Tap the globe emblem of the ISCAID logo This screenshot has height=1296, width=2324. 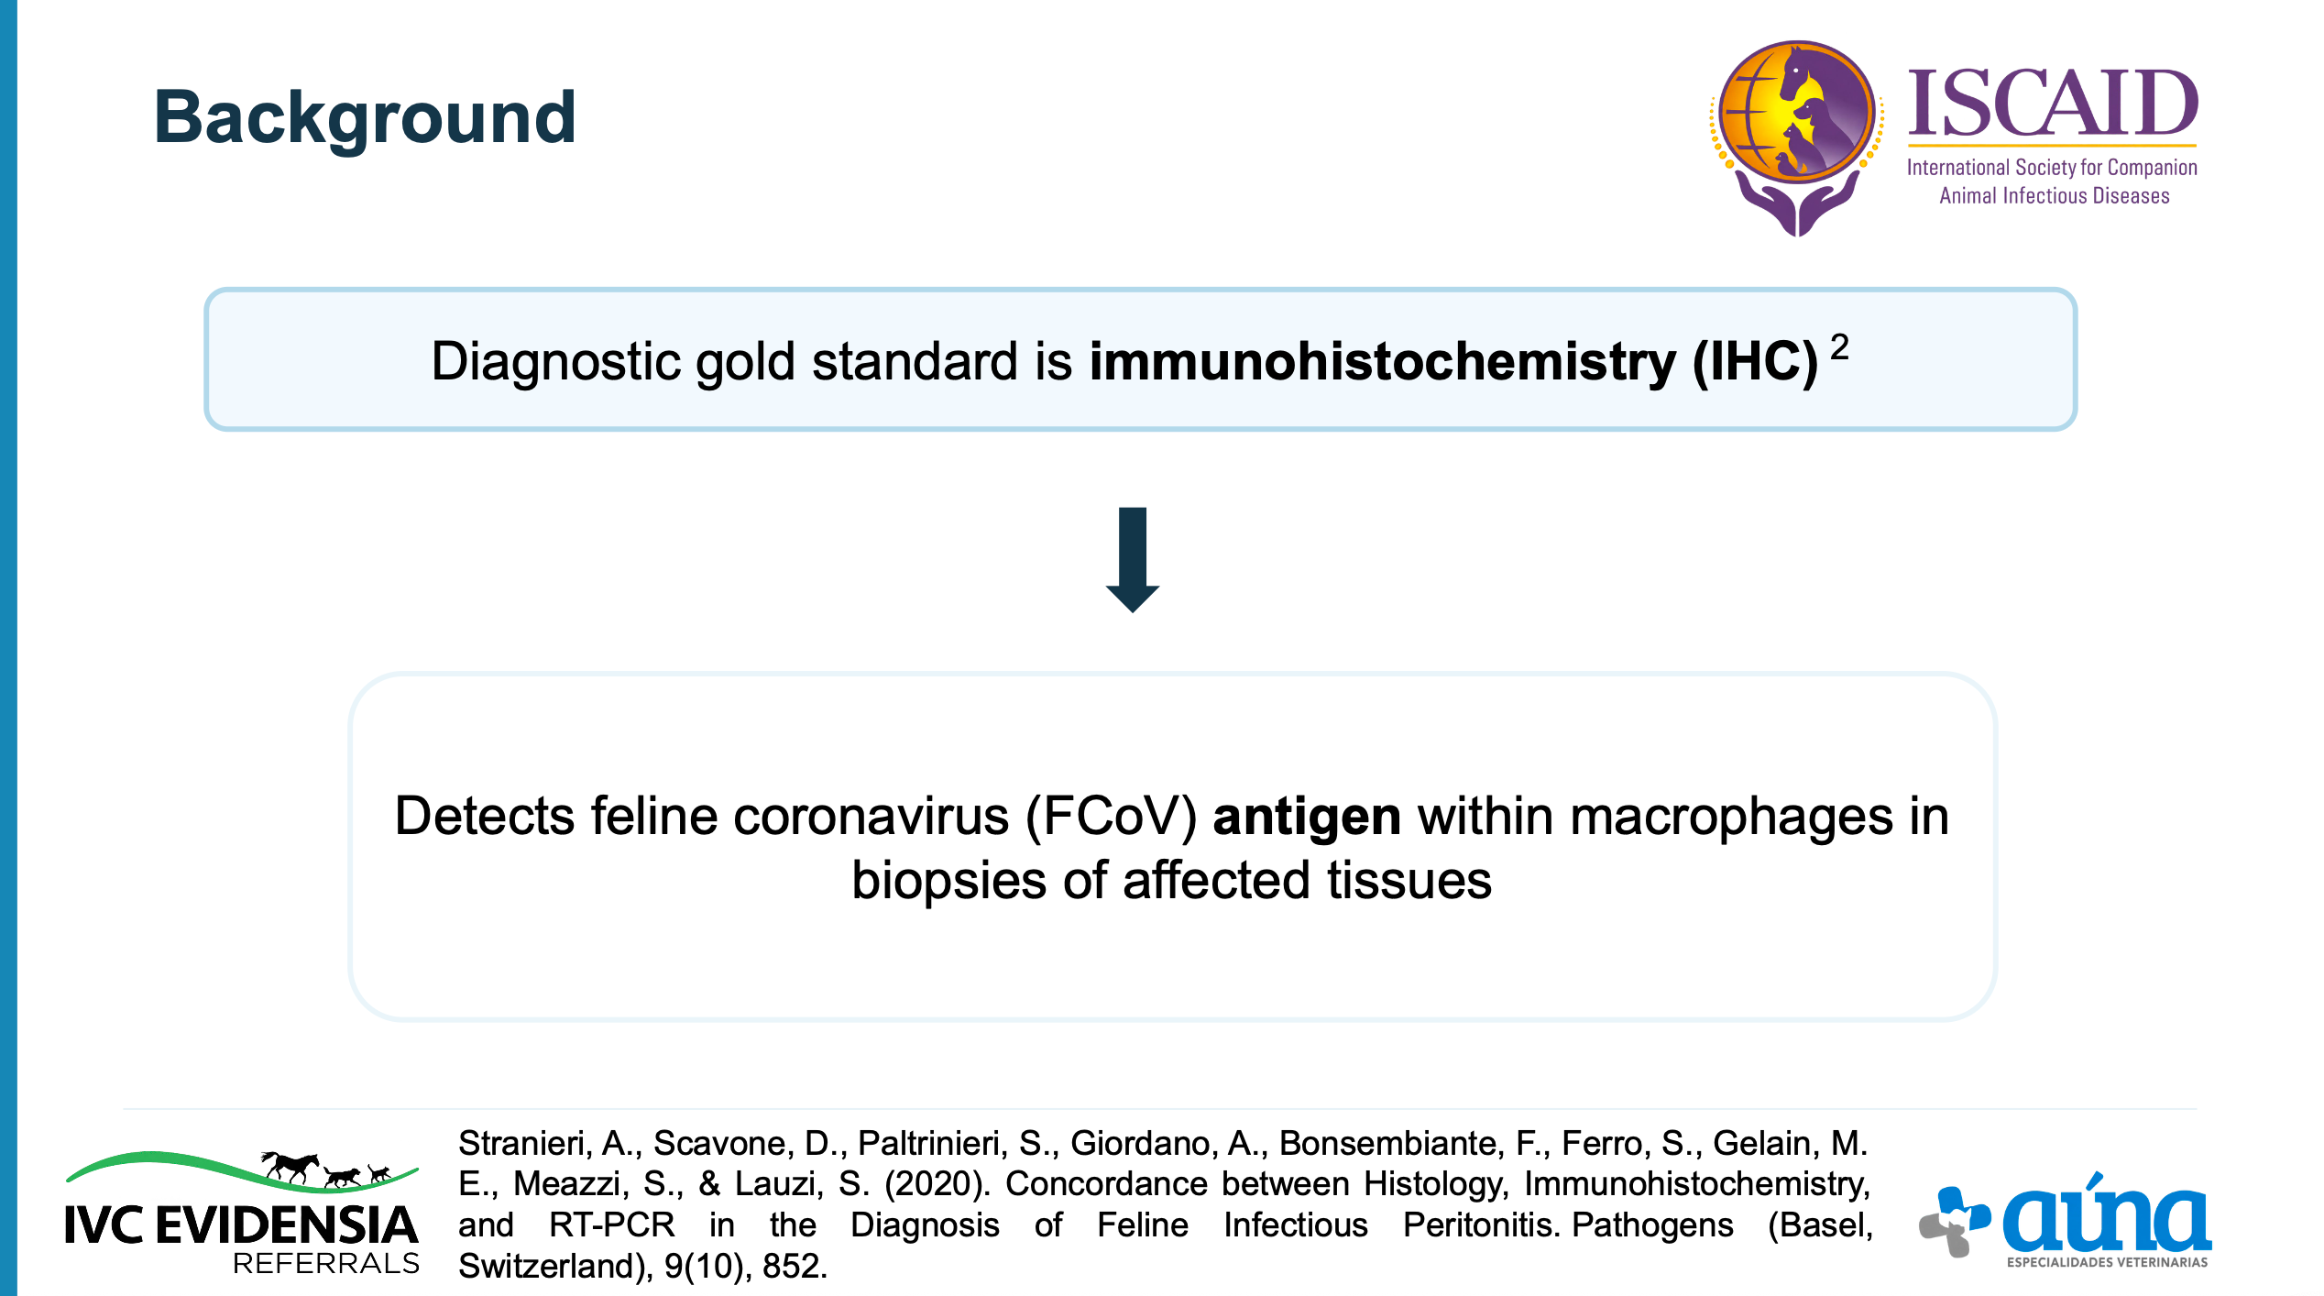click(x=1796, y=112)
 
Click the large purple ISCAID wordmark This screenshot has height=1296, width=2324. click(x=2053, y=103)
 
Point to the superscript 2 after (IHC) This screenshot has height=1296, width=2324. click(x=1839, y=347)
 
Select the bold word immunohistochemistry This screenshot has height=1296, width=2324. click(x=1382, y=361)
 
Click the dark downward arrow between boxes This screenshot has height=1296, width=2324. click(x=1133, y=559)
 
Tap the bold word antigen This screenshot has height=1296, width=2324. click(x=1307, y=818)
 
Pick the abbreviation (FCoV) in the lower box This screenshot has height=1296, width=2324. click(x=1111, y=816)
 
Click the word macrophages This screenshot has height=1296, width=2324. click(x=1731, y=818)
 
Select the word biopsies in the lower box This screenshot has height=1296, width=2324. click(x=948, y=881)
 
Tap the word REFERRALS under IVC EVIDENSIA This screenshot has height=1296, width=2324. click(x=326, y=1264)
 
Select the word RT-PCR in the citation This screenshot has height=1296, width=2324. click(x=611, y=1225)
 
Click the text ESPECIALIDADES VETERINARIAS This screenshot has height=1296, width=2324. click(x=2107, y=1263)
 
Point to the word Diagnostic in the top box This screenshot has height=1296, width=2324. click(x=555, y=361)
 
